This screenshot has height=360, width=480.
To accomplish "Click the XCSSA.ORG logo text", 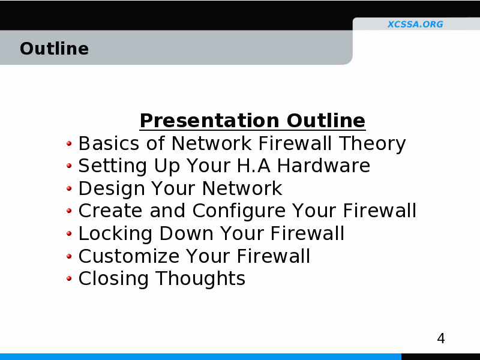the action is click(415, 24).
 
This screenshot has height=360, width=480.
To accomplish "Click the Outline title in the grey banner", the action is click(54, 49).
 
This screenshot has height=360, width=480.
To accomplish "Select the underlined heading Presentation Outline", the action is click(253, 121).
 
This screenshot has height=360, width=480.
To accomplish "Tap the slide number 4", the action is click(441, 338).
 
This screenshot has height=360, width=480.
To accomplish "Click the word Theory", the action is click(372, 144).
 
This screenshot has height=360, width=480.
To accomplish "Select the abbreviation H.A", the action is click(254, 166).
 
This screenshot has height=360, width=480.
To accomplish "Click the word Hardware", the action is click(323, 166).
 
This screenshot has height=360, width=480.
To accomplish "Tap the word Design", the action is click(112, 189).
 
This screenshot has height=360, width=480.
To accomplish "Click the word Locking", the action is click(115, 234).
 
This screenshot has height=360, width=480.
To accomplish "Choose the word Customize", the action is click(129, 256).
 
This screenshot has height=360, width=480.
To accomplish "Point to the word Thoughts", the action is click(200, 279).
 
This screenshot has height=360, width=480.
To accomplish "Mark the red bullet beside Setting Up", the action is click(69, 166).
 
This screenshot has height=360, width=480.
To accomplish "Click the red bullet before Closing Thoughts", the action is click(69, 278).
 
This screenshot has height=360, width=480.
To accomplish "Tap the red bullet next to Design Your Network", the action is click(69, 188).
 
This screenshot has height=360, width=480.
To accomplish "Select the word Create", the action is click(110, 211).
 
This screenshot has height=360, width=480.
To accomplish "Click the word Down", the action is click(186, 233).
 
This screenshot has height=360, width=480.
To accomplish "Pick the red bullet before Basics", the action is click(69, 143).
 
